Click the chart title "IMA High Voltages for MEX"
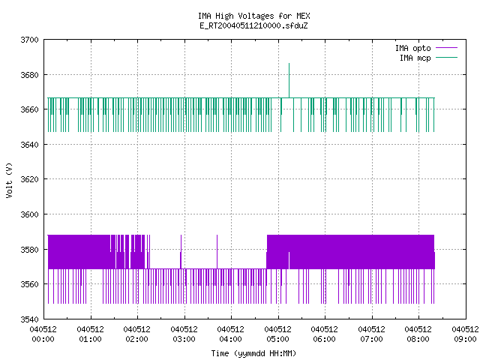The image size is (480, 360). pyautogui.click(x=253, y=16)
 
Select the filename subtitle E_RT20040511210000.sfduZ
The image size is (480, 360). pyautogui.click(x=253, y=25)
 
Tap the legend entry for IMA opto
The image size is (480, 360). pyautogui.click(x=426, y=48)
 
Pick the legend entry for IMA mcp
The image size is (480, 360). pyautogui.click(x=428, y=58)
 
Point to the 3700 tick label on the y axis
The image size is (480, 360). pyautogui.click(x=30, y=40)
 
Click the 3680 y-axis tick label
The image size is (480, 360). pyautogui.click(x=30, y=75)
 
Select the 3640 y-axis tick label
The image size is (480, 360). pyautogui.click(x=30, y=145)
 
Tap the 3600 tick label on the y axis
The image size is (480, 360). pyautogui.click(x=30, y=214)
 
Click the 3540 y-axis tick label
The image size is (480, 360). pyautogui.click(x=30, y=319)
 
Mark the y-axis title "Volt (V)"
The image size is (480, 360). pyautogui.click(x=10, y=180)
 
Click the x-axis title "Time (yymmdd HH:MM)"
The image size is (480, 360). pyautogui.click(x=253, y=353)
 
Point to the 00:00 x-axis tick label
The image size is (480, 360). pyautogui.click(x=43, y=334)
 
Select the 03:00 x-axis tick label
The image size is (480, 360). pyautogui.click(x=184, y=334)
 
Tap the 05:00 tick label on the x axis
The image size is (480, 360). pyautogui.click(x=278, y=334)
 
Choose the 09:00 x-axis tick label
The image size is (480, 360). pyautogui.click(x=465, y=334)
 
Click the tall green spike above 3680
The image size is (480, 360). pyautogui.click(x=289, y=80)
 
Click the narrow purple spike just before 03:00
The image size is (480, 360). pyautogui.click(x=181, y=252)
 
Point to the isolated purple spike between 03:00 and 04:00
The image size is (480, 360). pyautogui.click(x=217, y=252)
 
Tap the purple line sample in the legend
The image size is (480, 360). pyautogui.click(x=447, y=48)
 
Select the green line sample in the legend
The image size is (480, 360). pyautogui.click(x=447, y=57)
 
